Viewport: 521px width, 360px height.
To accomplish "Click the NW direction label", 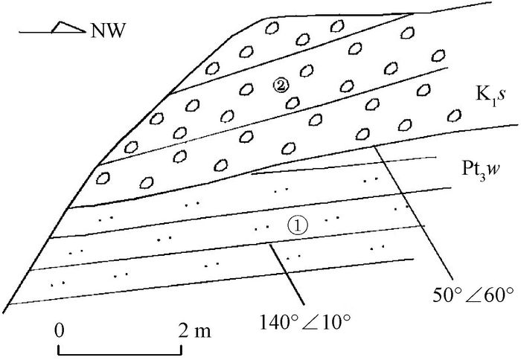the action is click(x=109, y=30).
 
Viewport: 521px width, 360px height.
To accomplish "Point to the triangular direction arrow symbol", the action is click(x=68, y=28).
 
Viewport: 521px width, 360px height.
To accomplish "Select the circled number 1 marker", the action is click(x=298, y=226).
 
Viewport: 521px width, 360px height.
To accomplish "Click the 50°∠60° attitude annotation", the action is click(x=473, y=295).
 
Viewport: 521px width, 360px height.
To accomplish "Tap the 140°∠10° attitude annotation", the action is click(x=304, y=322).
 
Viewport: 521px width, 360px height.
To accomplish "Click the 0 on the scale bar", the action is click(x=59, y=331).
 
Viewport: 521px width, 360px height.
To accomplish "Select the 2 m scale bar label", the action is click(x=195, y=331).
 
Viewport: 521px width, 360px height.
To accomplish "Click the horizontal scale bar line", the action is click(x=120, y=354).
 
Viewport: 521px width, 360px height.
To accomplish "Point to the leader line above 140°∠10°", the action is click(x=287, y=274).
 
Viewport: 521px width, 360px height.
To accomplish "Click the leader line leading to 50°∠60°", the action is click(x=413, y=212).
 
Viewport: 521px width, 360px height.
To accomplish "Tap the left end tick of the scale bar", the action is click(x=59, y=350).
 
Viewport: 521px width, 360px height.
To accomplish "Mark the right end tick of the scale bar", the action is click(x=181, y=350).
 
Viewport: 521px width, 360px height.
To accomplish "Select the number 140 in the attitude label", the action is click(x=273, y=322).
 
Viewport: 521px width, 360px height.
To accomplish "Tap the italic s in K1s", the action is click(x=502, y=96).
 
